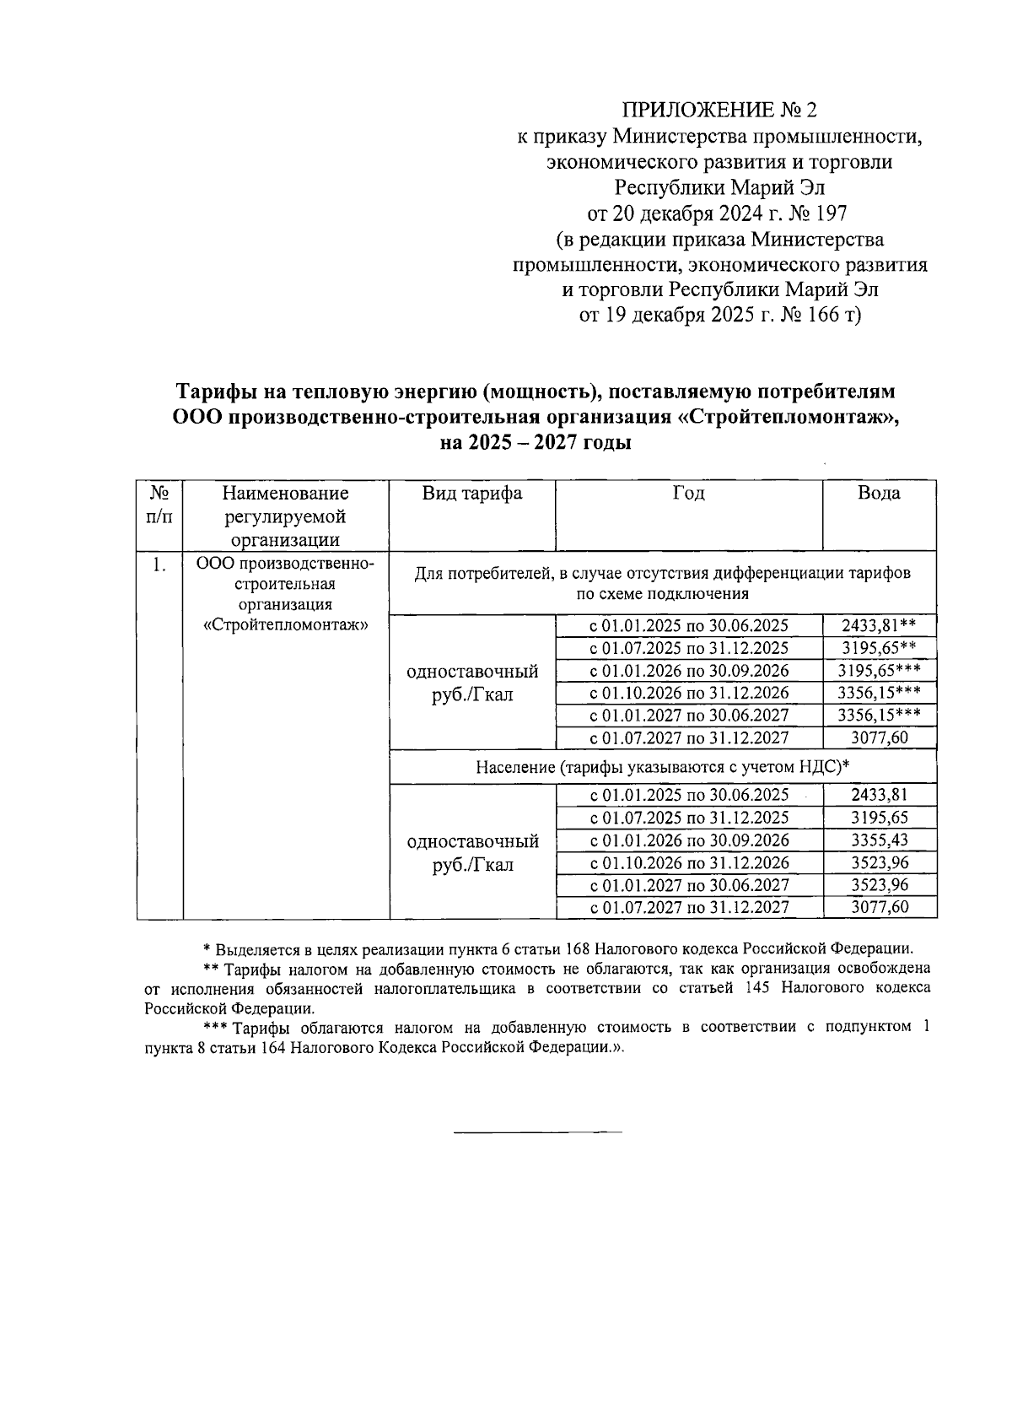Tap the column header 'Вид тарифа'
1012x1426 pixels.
pos(471,494)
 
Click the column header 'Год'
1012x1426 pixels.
pos(688,494)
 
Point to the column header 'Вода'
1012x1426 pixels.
pos(878,494)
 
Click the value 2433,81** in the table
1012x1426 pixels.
pos(878,626)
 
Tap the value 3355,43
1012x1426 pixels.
pos(880,840)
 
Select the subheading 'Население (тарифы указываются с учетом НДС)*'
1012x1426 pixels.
pos(662,767)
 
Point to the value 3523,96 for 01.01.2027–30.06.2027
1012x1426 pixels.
pos(880,885)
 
